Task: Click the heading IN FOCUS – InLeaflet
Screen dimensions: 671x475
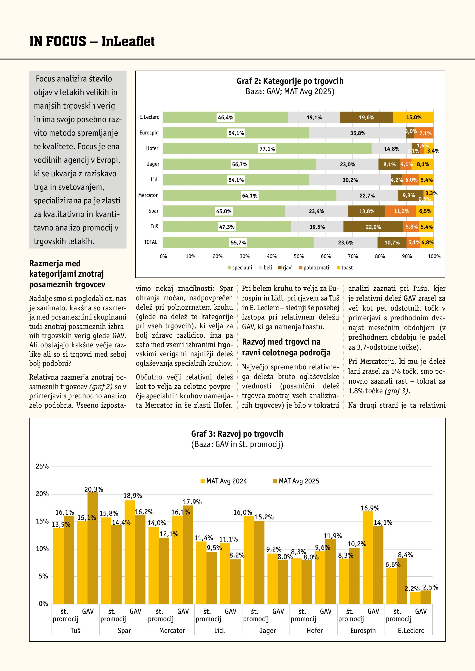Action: (x=92, y=41)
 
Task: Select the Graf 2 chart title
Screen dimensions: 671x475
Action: (x=290, y=81)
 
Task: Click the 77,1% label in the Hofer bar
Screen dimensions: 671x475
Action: (x=267, y=149)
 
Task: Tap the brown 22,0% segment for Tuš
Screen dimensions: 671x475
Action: (x=373, y=227)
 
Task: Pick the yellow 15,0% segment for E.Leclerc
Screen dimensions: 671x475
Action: (x=413, y=118)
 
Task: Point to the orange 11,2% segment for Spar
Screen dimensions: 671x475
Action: (x=401, y=211)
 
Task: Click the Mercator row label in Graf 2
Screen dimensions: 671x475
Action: (x=148, y=195)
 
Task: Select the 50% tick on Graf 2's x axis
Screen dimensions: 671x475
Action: (x=299, y=256)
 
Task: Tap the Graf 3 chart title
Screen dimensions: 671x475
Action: (x=237, y=434)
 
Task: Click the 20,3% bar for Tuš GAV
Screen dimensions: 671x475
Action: (x=93, y=549)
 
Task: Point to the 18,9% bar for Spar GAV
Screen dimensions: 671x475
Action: (x=130, y=552)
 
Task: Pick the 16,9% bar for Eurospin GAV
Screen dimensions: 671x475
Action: (x=368, y=558)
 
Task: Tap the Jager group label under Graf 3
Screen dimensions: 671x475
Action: (x=267, y=631)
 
